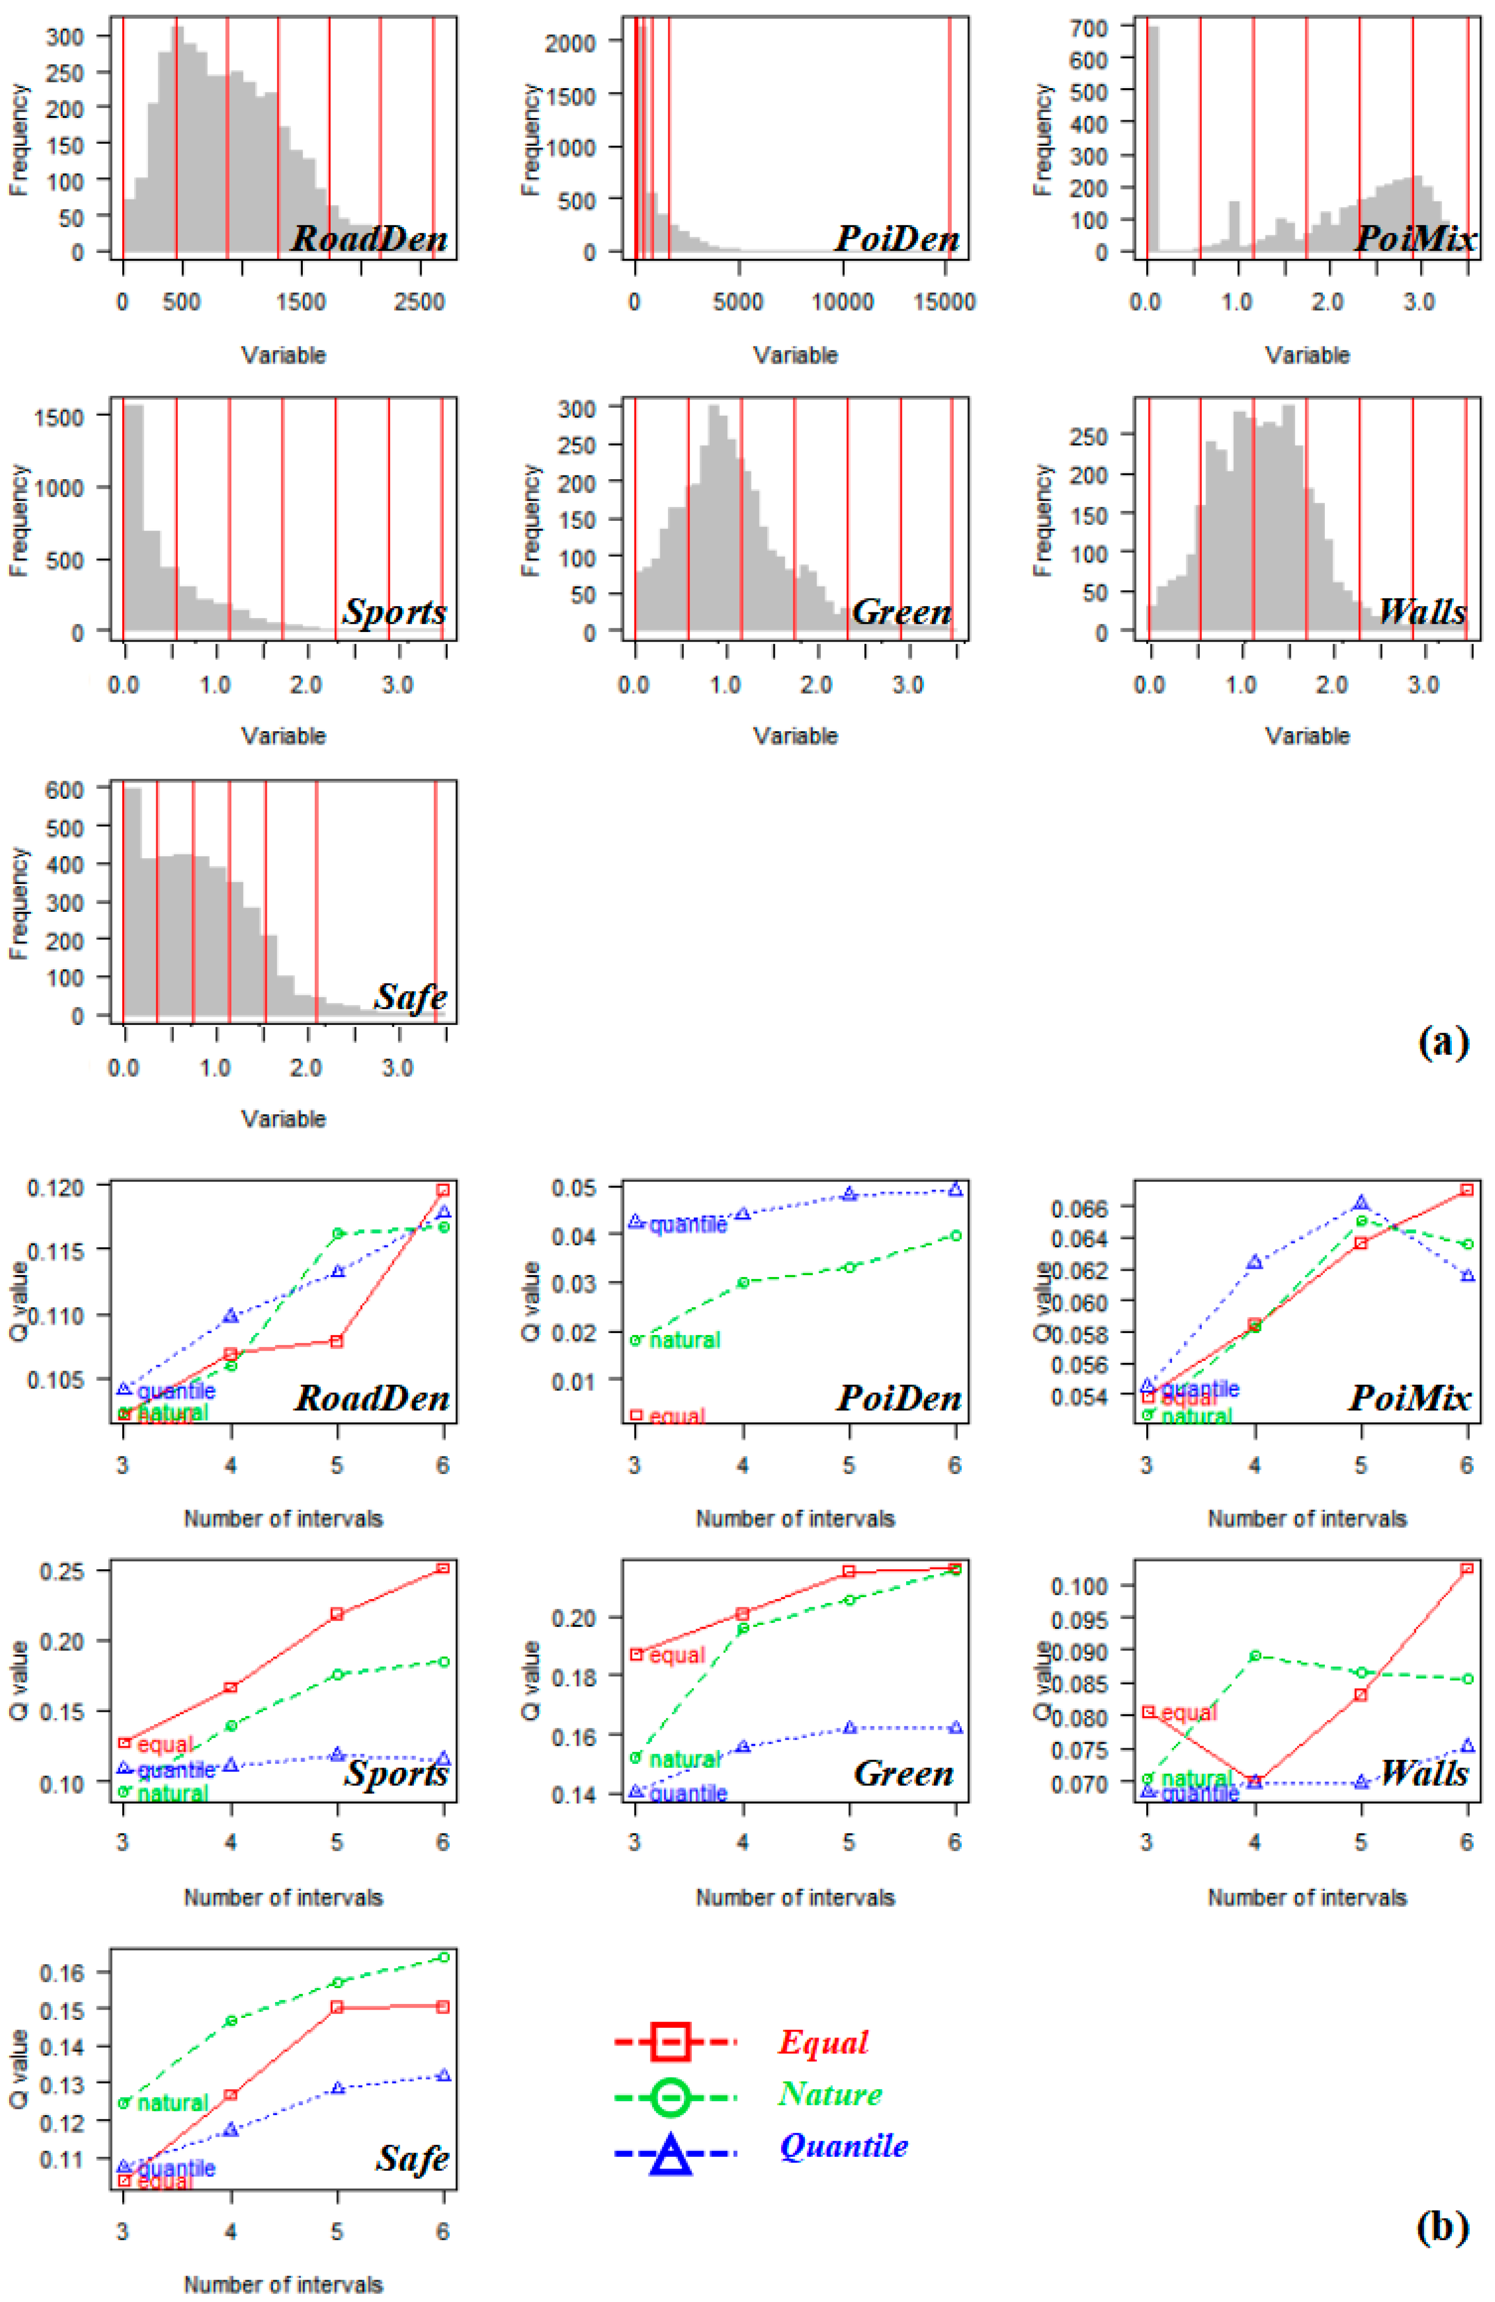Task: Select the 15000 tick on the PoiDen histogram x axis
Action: coord(945,302)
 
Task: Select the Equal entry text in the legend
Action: coord(823,2042)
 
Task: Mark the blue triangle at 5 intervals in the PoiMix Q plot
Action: coord(1360,1202)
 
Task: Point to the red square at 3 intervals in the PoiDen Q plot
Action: coord(635,1415)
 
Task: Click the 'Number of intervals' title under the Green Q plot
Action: coord(795,1898)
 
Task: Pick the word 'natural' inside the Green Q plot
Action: coord(685,1760)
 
